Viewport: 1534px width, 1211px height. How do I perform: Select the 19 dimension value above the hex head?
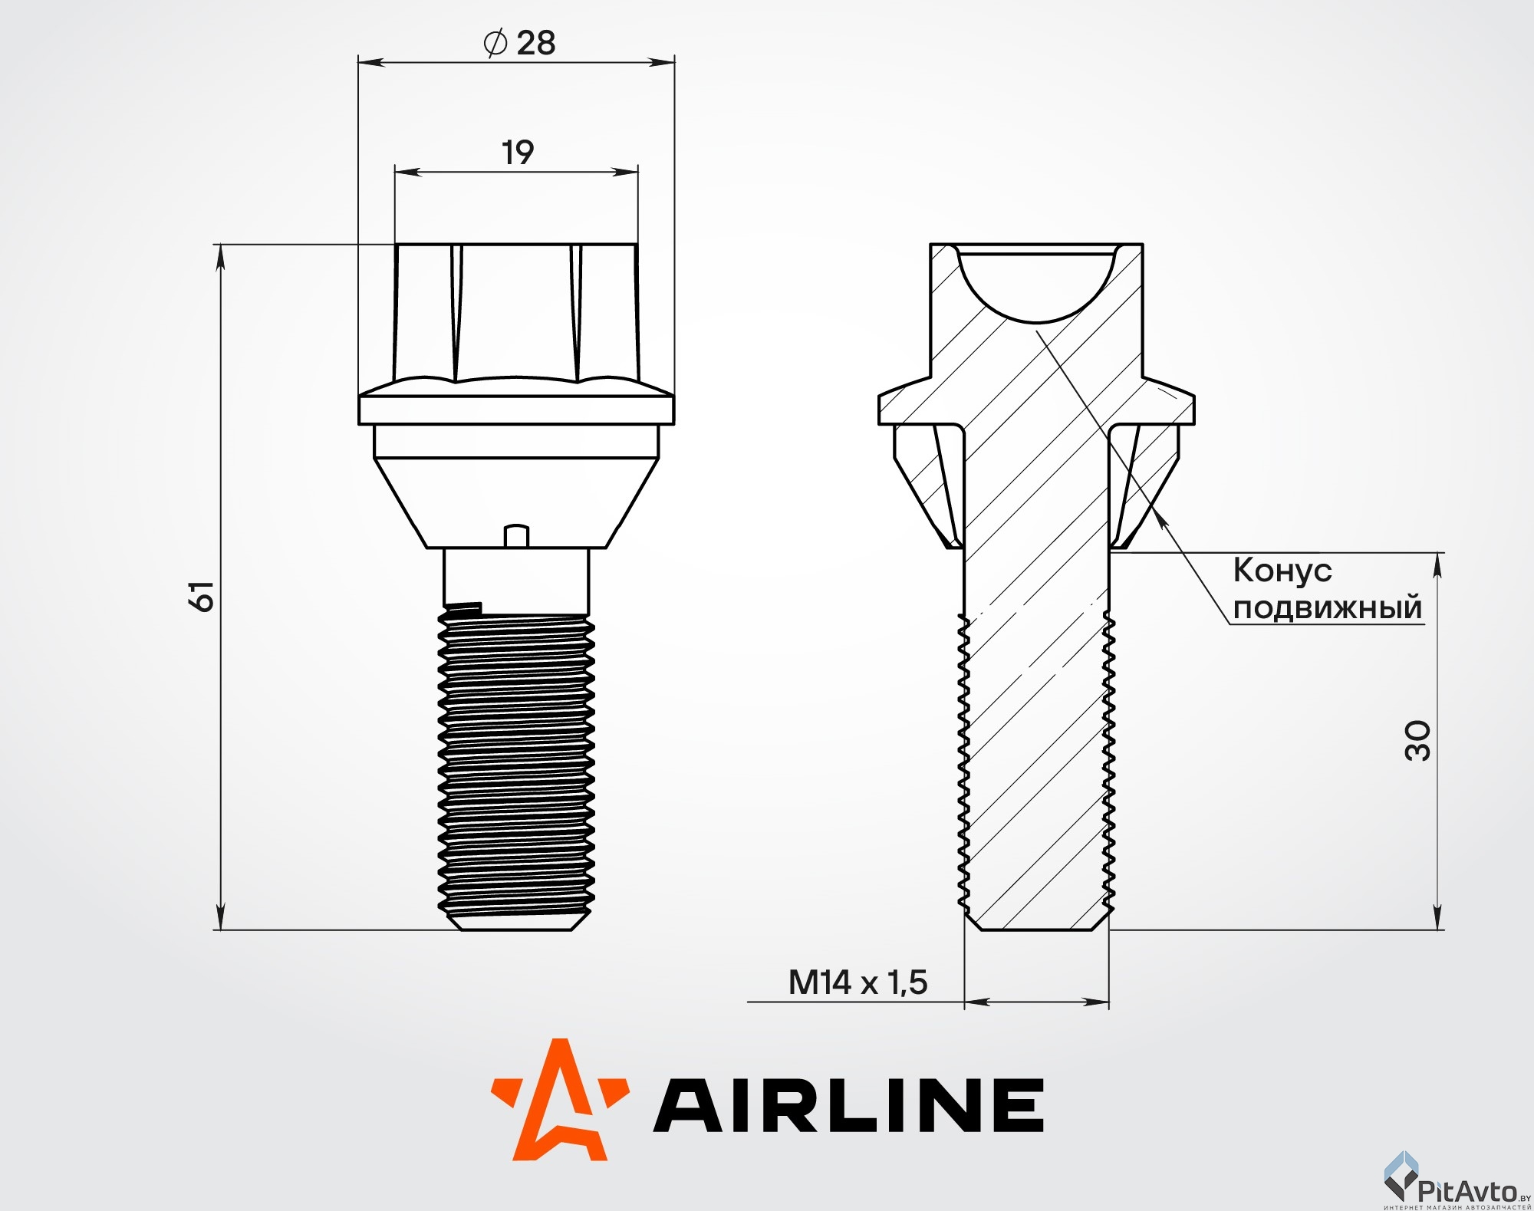click(x=518, y=152)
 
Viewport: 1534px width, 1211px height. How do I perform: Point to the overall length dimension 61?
click(x=202, y=595)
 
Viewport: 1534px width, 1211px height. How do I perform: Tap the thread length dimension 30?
click(x=1417, y=740)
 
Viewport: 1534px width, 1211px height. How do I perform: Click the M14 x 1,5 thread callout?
click(x=858, y=982)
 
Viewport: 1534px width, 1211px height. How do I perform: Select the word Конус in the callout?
click(x=1282, y=571)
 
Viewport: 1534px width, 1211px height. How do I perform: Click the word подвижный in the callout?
click(x=1328, y=607)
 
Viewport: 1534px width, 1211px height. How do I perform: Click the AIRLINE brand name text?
click(x=848, y=1104)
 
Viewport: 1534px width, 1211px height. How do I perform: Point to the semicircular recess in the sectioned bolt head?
click(x=1036, y=284)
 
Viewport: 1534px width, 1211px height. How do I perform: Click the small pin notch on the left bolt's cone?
click(x=516, y=535)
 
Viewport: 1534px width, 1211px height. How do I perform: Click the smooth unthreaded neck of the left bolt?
click(x=516, y=575)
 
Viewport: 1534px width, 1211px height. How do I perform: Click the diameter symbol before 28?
click(x=495, y=42)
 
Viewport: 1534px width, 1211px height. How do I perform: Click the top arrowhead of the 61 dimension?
click(x=221, y=258)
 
